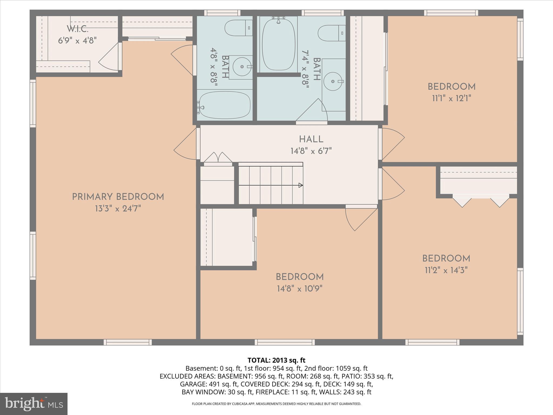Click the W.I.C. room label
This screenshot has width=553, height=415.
(77, 29)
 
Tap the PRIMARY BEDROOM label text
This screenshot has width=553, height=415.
(118, 197)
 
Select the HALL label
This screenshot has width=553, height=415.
(311, 139)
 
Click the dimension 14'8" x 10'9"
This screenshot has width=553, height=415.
(300, 289)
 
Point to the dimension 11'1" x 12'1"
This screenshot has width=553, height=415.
(451, 98)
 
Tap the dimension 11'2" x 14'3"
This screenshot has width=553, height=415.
(446, 270)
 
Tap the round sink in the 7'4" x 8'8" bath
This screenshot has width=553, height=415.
(333, 81)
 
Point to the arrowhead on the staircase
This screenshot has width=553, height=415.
(300, 185)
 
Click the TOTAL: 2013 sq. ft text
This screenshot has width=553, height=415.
(276, 360)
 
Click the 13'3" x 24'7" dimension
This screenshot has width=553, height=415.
(118, 209)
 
